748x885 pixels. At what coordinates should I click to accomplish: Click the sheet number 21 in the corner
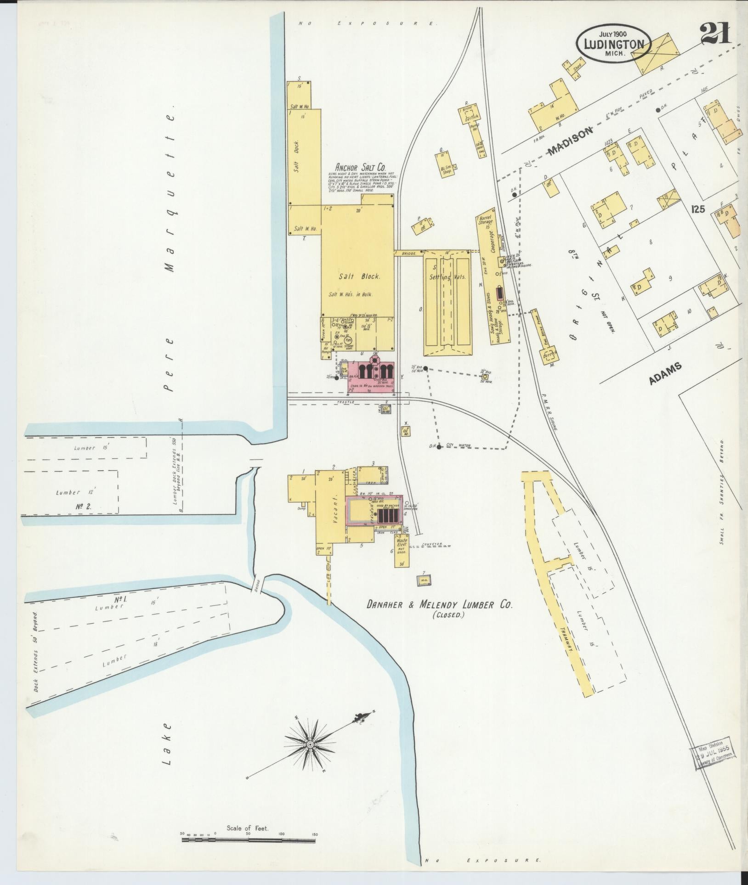(715, 35)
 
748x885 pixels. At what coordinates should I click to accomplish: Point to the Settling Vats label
(447, 277)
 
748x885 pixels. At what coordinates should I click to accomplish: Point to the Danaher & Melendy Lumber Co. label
(439, 605)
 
